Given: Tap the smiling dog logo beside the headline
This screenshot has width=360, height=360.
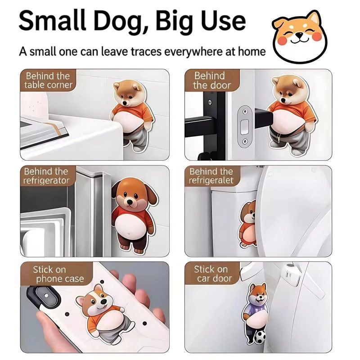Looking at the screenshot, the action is [x=299, y=36].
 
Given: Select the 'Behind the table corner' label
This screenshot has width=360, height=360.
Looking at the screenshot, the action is [x=48, y=81].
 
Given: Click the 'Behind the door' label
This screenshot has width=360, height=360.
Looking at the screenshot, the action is [x=211, y=81].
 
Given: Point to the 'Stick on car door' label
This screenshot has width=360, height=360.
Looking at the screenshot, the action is [x=213, y=274].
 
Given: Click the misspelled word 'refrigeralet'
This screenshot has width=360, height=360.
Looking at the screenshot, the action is [x=211, y=180].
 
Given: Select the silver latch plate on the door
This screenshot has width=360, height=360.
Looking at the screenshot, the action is [x=245, y=126].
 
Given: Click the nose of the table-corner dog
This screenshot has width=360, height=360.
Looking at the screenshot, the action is [x=126, y=103].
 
